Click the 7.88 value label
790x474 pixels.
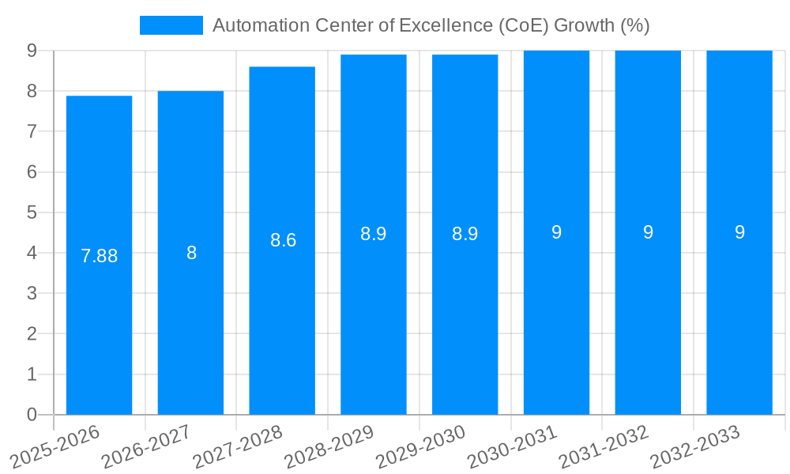pos(100,256)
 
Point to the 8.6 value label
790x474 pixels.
pos(283,240)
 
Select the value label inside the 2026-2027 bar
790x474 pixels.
pos(191,253)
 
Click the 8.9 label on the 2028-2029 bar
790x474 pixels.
pos(374,234)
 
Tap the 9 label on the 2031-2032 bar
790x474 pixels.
pos(648,232)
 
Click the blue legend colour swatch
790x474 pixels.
pos(171,25)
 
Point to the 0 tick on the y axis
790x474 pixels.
pos(32,415)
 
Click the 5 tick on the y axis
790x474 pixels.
pos(32,213)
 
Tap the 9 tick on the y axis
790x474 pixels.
pos(32,51)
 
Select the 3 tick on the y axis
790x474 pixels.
pos(32,293)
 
